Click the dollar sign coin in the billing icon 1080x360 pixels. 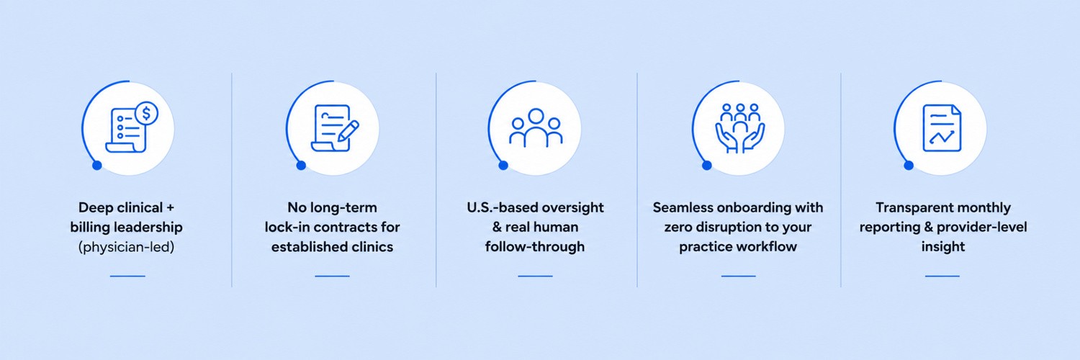(146, 114)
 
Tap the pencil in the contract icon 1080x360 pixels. (348, 130)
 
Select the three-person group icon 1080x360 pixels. (536, 127)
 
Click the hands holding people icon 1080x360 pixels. (740, 128)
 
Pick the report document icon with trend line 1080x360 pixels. (942, 128)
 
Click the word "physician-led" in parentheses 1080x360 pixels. (126, 247)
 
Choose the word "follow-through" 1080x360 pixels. (535, 247)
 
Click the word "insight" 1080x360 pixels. (943, 247)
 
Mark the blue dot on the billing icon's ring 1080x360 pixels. (97, 166)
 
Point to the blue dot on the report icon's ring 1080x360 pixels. (909, 166)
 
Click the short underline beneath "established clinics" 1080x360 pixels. (332, 276)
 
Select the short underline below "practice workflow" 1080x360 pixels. (738, 276)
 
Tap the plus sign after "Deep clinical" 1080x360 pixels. (170, 208)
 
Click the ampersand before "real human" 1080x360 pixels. (497, 227)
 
